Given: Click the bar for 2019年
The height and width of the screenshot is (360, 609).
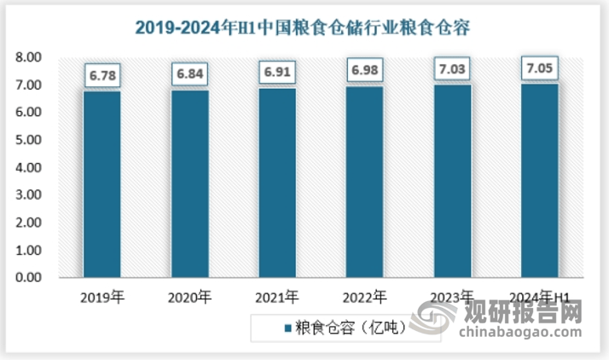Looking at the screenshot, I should pyautogui.click(x=101, y=184).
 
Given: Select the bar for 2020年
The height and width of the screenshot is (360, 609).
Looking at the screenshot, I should pyautogui.click(x=189, y=184).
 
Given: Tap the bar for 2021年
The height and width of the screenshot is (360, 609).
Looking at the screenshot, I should pyautogui.click(x=277, y=183).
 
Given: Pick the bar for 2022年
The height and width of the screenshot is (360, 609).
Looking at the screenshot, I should pyautogui.click(x=365, y=183).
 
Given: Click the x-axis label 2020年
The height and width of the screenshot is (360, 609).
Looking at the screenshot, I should pyautogui.click(x=189, y=298).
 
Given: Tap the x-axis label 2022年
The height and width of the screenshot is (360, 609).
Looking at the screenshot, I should pyautogui.click(x=365, y=298).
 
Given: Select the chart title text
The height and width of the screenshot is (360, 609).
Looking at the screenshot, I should pyautogui.click(x=304, y=26).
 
